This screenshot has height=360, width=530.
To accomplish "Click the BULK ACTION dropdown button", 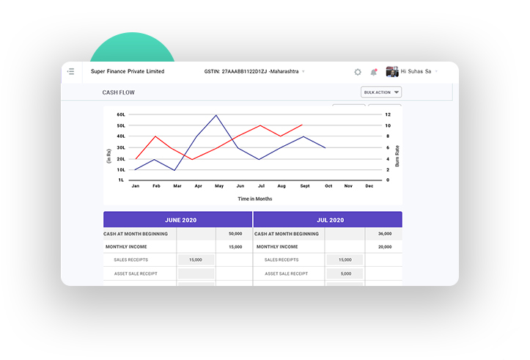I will point(381,92).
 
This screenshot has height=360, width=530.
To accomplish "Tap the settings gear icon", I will point(358,72).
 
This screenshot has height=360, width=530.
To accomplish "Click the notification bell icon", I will point(374,72).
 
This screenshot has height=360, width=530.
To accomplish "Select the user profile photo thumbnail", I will point(392,71).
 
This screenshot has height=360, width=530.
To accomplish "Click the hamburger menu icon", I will point(71,71).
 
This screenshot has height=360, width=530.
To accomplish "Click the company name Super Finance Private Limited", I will point(128,72).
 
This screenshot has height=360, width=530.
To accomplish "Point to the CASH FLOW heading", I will point(119,92).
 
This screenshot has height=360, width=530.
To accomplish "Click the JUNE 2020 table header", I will point(178,220).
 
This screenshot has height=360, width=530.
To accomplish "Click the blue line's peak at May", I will point(216,115).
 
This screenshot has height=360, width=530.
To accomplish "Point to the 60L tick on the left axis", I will point(121,115).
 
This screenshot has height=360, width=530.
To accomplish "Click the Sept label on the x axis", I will point(304,186).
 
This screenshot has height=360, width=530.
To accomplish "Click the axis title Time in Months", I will point(255,199).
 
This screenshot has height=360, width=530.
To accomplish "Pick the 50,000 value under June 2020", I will point(235,234).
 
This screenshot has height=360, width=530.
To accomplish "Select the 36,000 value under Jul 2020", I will point(384,234).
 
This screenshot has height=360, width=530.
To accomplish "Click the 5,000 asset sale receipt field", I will point(345,273).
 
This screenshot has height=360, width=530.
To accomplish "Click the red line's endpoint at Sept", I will point(302,125).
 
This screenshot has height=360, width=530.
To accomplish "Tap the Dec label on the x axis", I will point(369,186).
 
